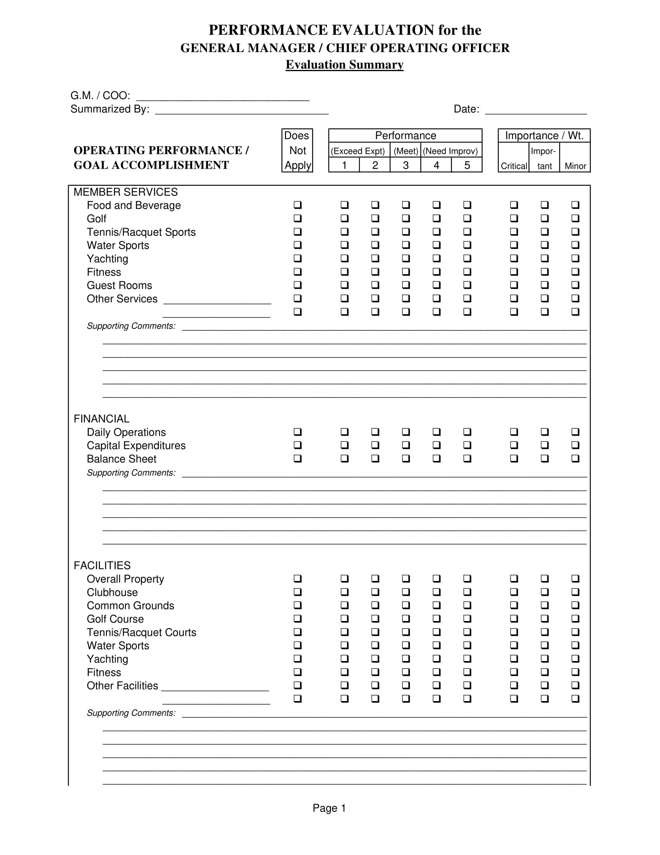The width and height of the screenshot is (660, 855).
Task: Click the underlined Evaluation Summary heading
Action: point(344,65)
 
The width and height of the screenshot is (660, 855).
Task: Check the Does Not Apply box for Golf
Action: point(297,218)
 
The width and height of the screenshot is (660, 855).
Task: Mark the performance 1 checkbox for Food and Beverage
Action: point(344,205)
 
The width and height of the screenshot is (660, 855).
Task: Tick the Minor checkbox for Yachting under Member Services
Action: point(575,258)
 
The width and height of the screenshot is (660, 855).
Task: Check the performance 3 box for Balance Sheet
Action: point(406,459)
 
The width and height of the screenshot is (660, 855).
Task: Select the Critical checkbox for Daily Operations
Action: point(514,432)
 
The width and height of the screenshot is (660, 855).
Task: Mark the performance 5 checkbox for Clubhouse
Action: point(467,592)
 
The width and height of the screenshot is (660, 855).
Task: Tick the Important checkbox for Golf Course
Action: point(544,619)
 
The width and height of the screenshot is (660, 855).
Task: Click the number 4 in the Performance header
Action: point(436,165)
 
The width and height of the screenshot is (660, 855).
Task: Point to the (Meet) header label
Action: point(406,151)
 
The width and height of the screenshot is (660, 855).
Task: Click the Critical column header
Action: point(514,166)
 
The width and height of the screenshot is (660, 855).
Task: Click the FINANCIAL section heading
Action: point(102,419)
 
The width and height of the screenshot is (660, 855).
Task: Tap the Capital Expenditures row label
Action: point(136,445)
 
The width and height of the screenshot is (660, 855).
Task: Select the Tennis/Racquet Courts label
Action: point(142,632)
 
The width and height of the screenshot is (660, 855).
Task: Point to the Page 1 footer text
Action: point(329,808)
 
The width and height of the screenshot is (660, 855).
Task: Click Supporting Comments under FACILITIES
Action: point(131,713)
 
